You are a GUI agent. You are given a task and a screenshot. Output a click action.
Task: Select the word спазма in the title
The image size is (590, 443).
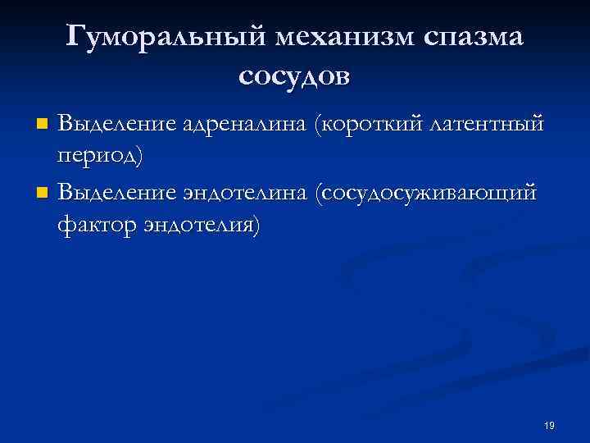coord(474,37)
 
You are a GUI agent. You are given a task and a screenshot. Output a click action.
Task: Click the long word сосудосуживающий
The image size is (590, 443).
coord(431,193)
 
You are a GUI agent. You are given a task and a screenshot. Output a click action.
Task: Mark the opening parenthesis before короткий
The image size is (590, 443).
coord(320,124)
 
